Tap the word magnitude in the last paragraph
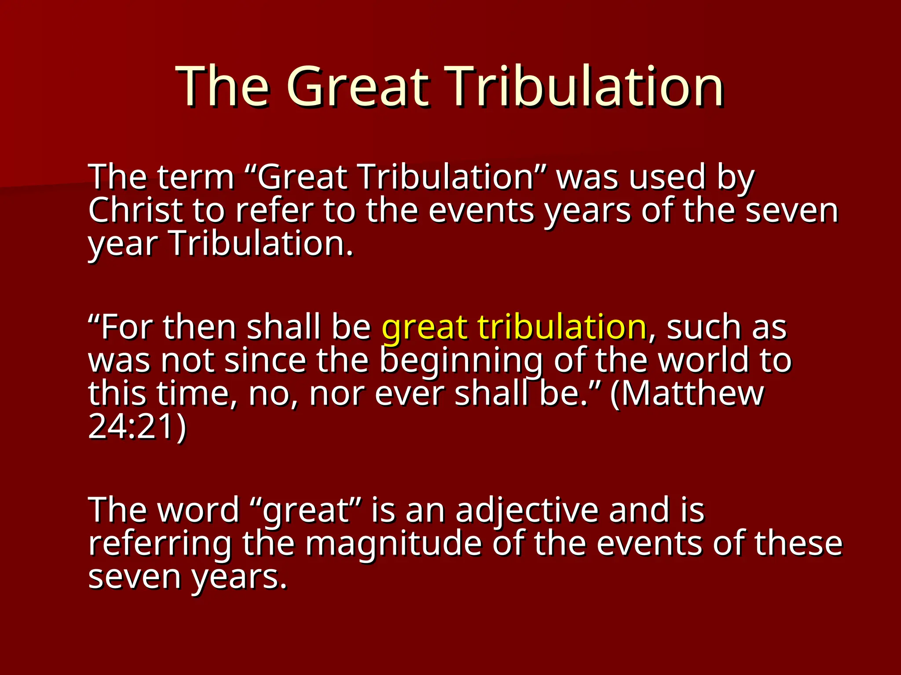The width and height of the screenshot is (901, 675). [393, 544]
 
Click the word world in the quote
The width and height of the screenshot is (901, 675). [703, 360]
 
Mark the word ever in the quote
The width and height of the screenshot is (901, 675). [409, 394]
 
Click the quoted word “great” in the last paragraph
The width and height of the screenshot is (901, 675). [308, 511]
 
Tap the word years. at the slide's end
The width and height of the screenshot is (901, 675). [239, 577]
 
